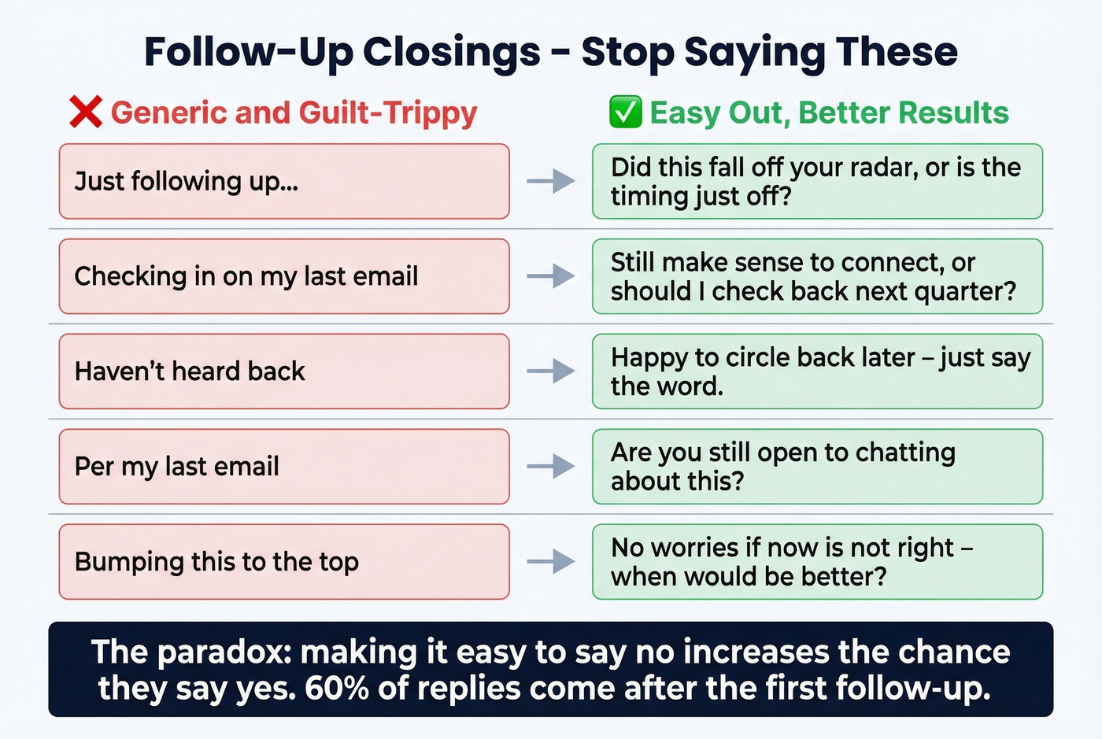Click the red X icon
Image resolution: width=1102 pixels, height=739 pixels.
(x=85, y=112)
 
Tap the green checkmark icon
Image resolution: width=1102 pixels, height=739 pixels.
(x=625, y=113)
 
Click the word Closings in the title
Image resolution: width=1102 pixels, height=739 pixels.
(x=451, y=53)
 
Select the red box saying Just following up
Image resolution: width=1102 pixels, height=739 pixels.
(x=283, y=181)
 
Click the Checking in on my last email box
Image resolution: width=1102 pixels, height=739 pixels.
(x=283, y=276)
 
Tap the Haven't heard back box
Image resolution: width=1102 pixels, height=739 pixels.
(x=283, y=371)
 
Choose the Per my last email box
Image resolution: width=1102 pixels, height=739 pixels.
(x=283, y=467)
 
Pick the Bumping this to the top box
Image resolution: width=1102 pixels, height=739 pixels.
(x=283, y=562)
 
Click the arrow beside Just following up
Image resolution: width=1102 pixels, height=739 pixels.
(x=551, y=181)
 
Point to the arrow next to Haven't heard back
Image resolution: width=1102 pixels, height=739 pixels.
(x=551, y=371)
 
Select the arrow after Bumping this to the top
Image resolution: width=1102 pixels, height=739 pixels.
(x=551, y=562)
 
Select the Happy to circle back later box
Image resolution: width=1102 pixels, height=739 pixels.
(x=817, y=371)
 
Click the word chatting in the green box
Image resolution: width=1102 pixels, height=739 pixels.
(x=905, y=453)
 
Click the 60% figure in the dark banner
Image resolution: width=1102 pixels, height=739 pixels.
(x=337, y=689)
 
